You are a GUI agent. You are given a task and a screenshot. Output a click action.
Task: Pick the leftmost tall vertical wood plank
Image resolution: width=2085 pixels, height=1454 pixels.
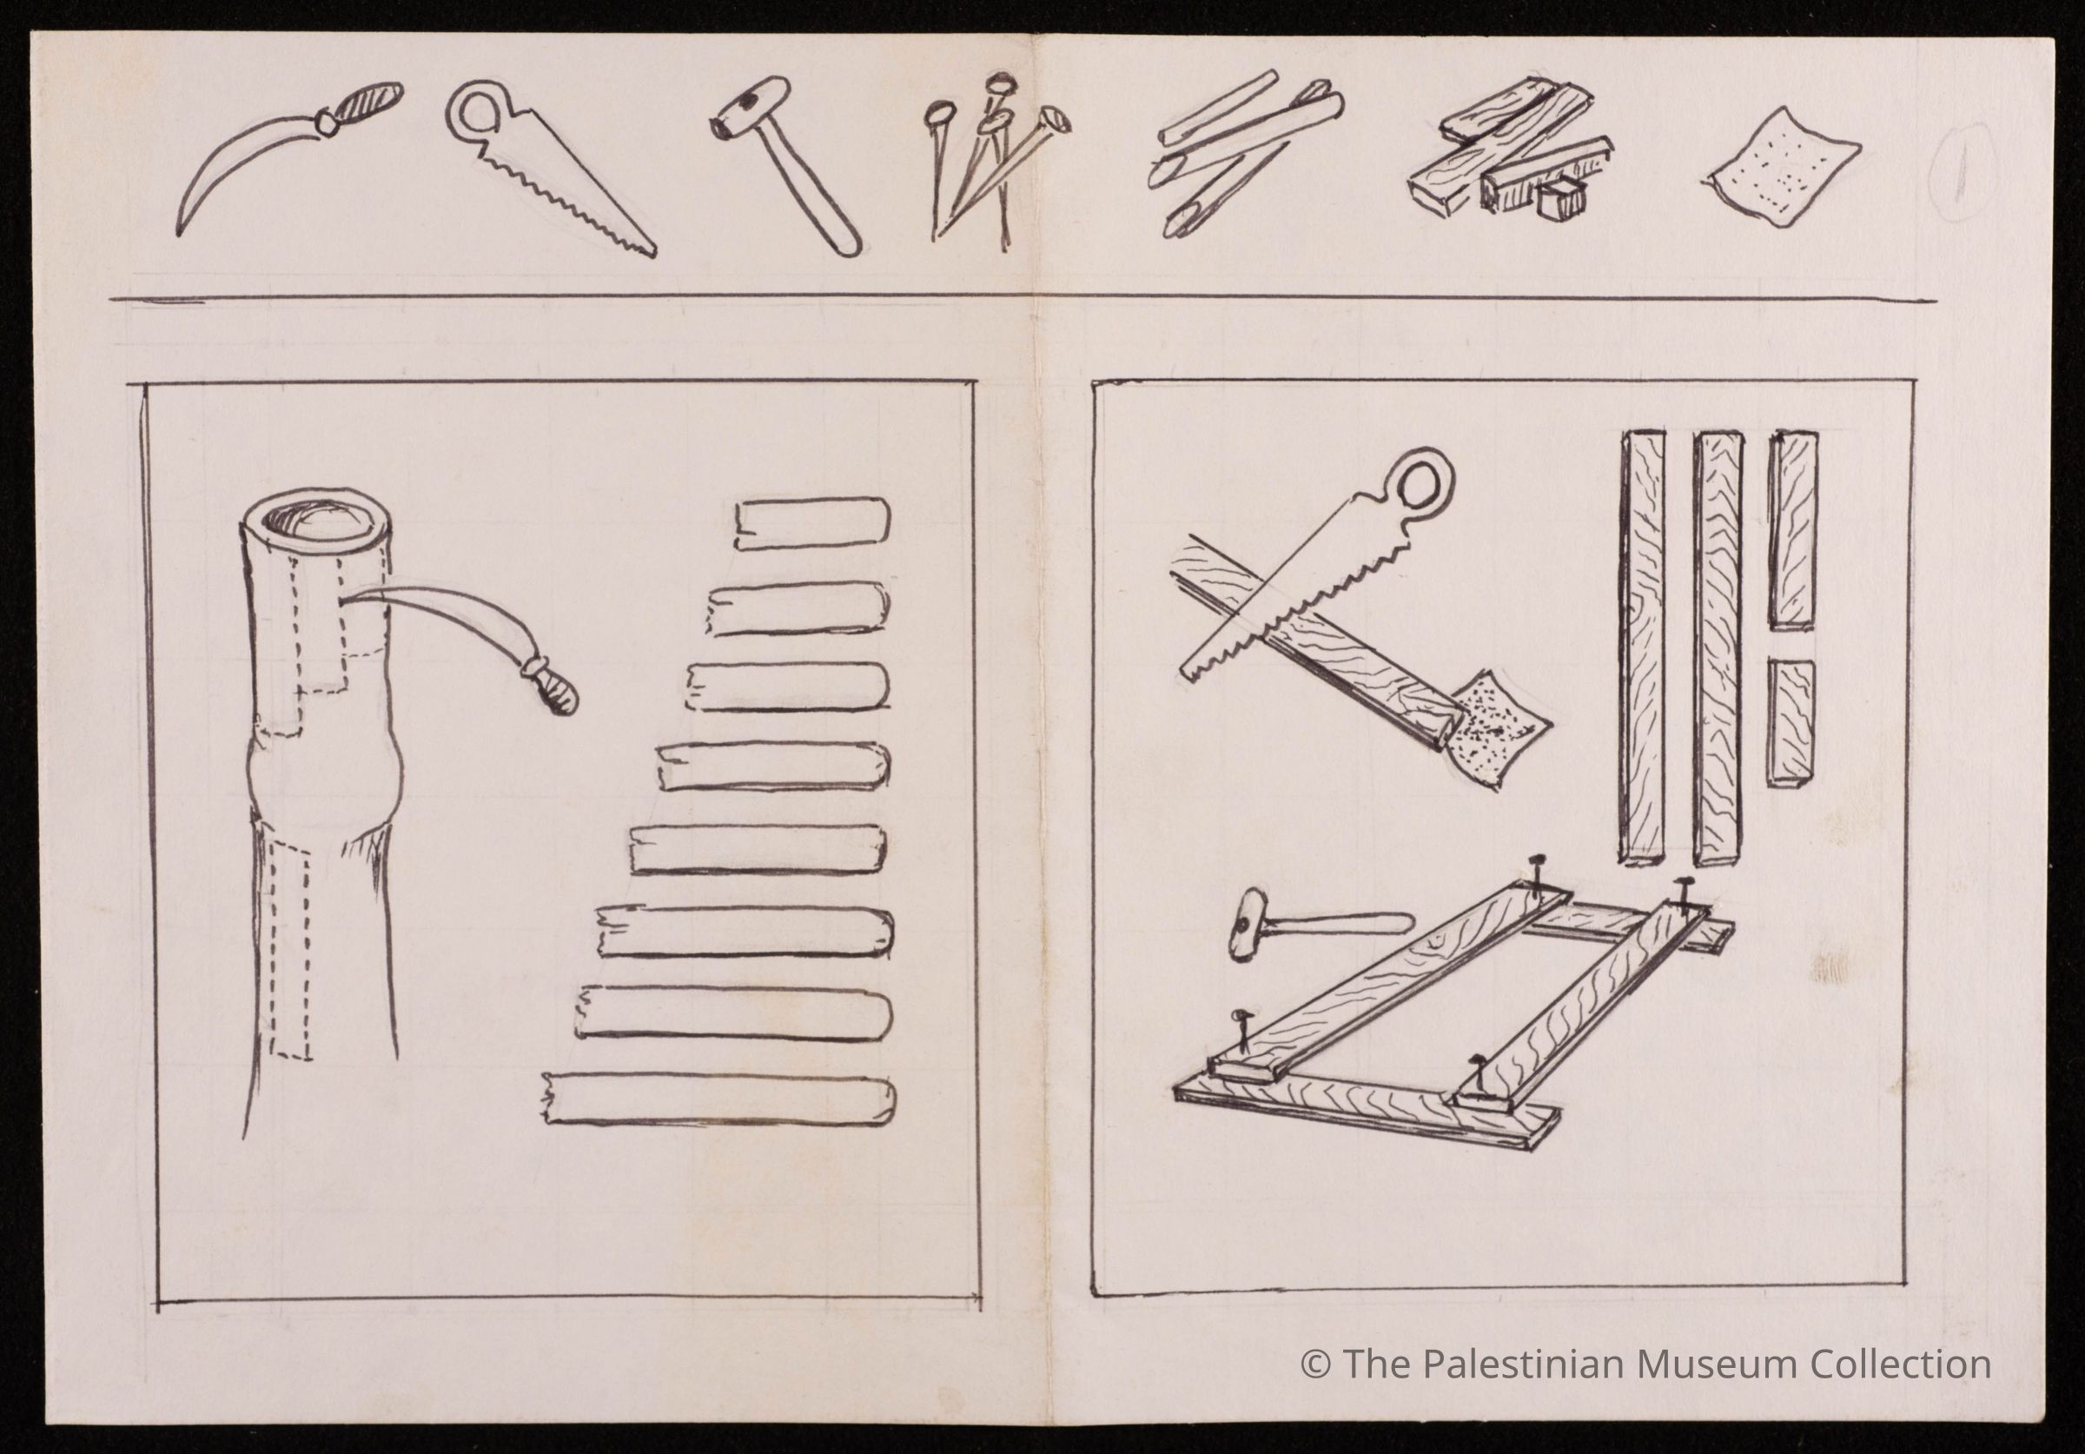click(x=1643, y=646)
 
